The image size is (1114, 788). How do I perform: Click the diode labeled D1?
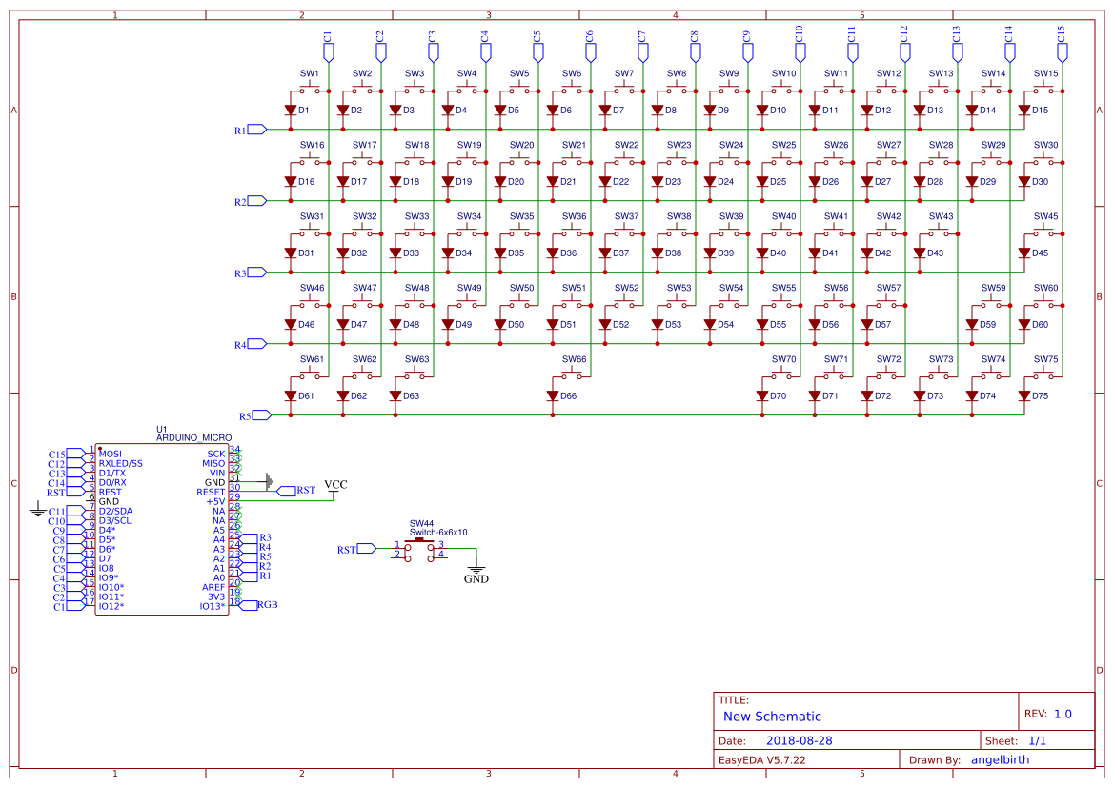pos(291,111)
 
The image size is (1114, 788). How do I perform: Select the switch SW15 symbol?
pos(1045,90)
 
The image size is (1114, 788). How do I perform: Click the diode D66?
pos(553,395)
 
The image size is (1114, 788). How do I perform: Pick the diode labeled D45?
pos(1024,253)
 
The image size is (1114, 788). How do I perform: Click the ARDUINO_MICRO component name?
pos(194,437)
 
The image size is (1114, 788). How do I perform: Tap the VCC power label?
pos(335,485)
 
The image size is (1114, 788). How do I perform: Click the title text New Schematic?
pos(772,717)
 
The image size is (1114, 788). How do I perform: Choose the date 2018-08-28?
pos(799,740)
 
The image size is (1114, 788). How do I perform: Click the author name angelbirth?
pos(1000,759)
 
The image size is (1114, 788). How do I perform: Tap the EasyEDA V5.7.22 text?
pos(762,759)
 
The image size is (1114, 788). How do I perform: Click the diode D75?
pos(1024,395)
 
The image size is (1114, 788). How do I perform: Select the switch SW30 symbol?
pos(1045,161)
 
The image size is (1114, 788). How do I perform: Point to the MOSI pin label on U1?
pos(111,454)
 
